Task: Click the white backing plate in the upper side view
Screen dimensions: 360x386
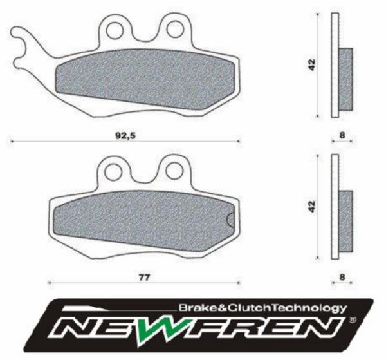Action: click(333, 64)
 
